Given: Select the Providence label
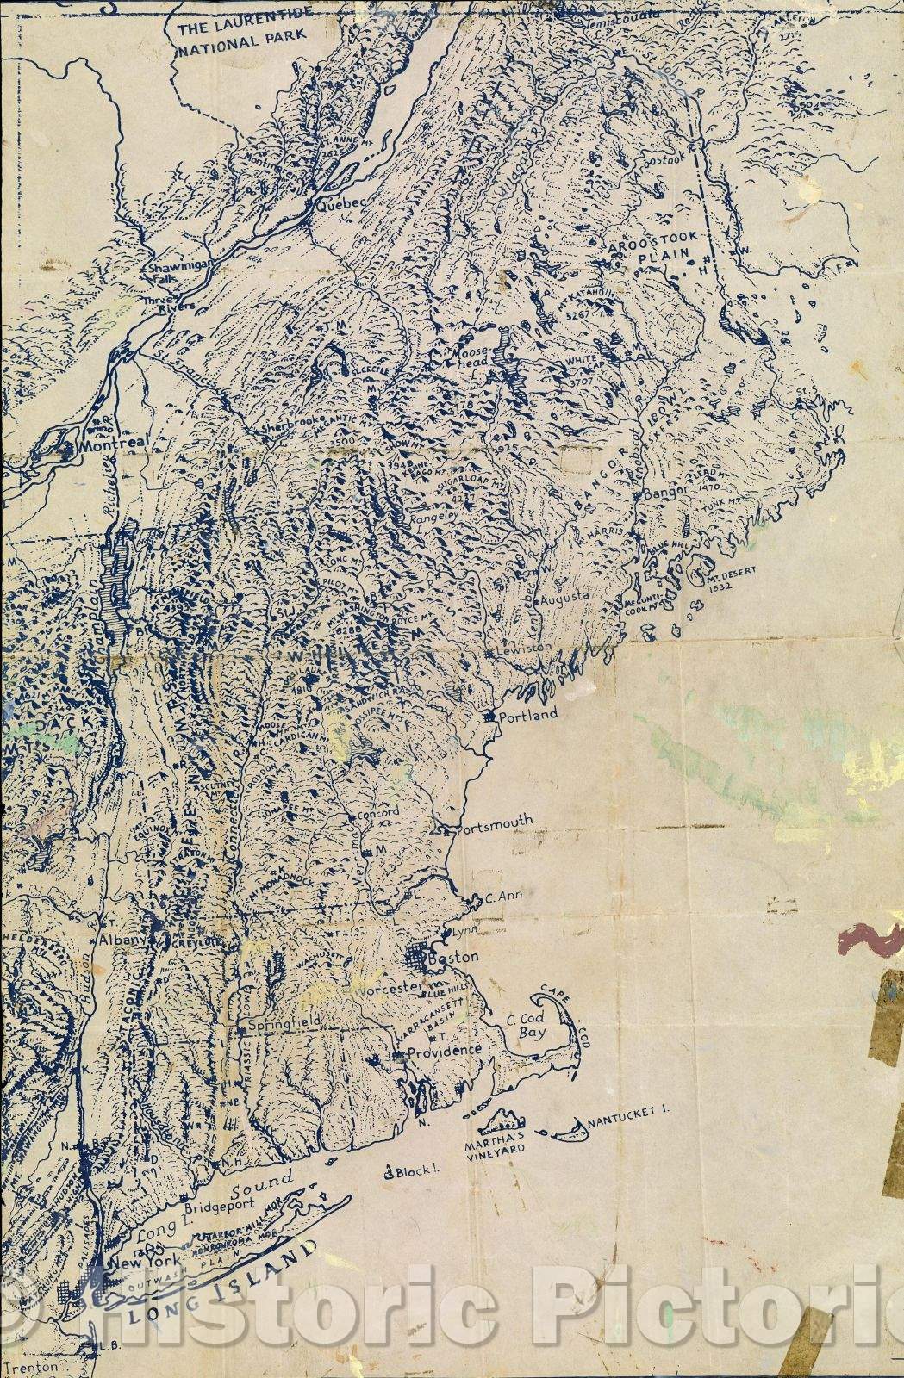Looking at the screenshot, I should tap(444, 1051).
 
